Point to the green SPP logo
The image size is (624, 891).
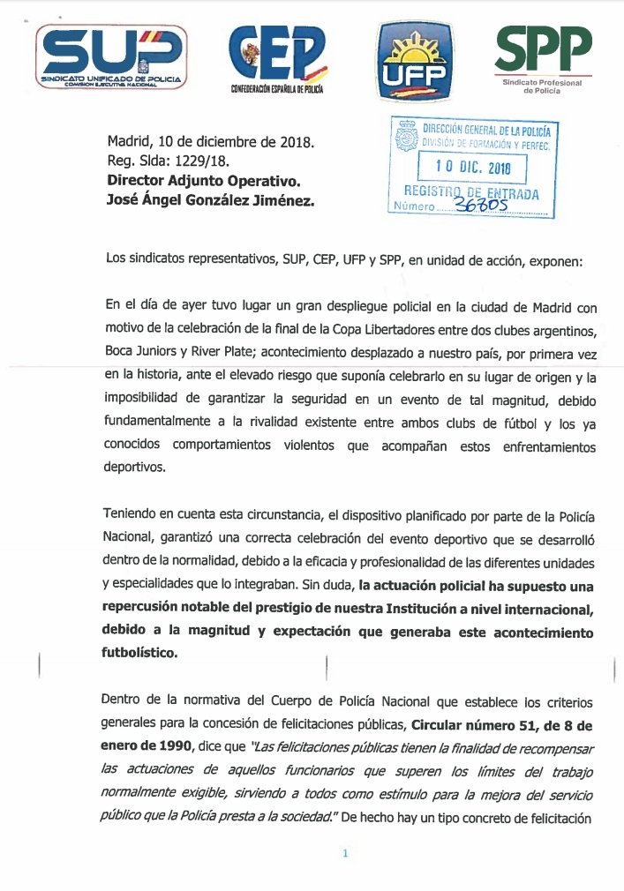click(x=543, y=56)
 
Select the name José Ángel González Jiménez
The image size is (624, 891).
click(x=210, y=200)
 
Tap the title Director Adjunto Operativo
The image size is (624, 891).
click(x=204, y=181)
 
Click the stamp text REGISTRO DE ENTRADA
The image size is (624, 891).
click(x=471, y=192)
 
